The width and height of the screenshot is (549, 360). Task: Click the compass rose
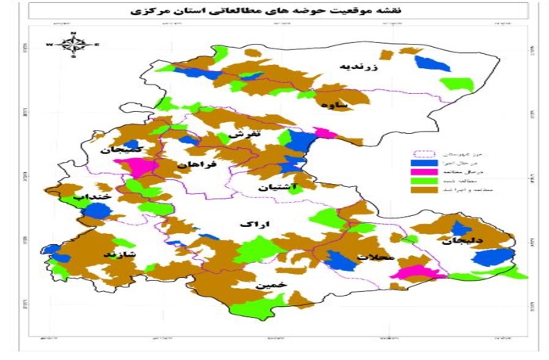pyautogui.click(x=72, y=45)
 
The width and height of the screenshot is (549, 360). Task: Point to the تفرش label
pyautogui.click(x=244, y=135)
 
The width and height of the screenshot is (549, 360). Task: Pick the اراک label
pyautogui.click(x=254, y=225)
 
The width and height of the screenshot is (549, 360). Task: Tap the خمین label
pyautogui.click(x=268, y=285)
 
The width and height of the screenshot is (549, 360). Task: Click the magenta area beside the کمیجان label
pyautogui.click(x=135, y=167)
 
